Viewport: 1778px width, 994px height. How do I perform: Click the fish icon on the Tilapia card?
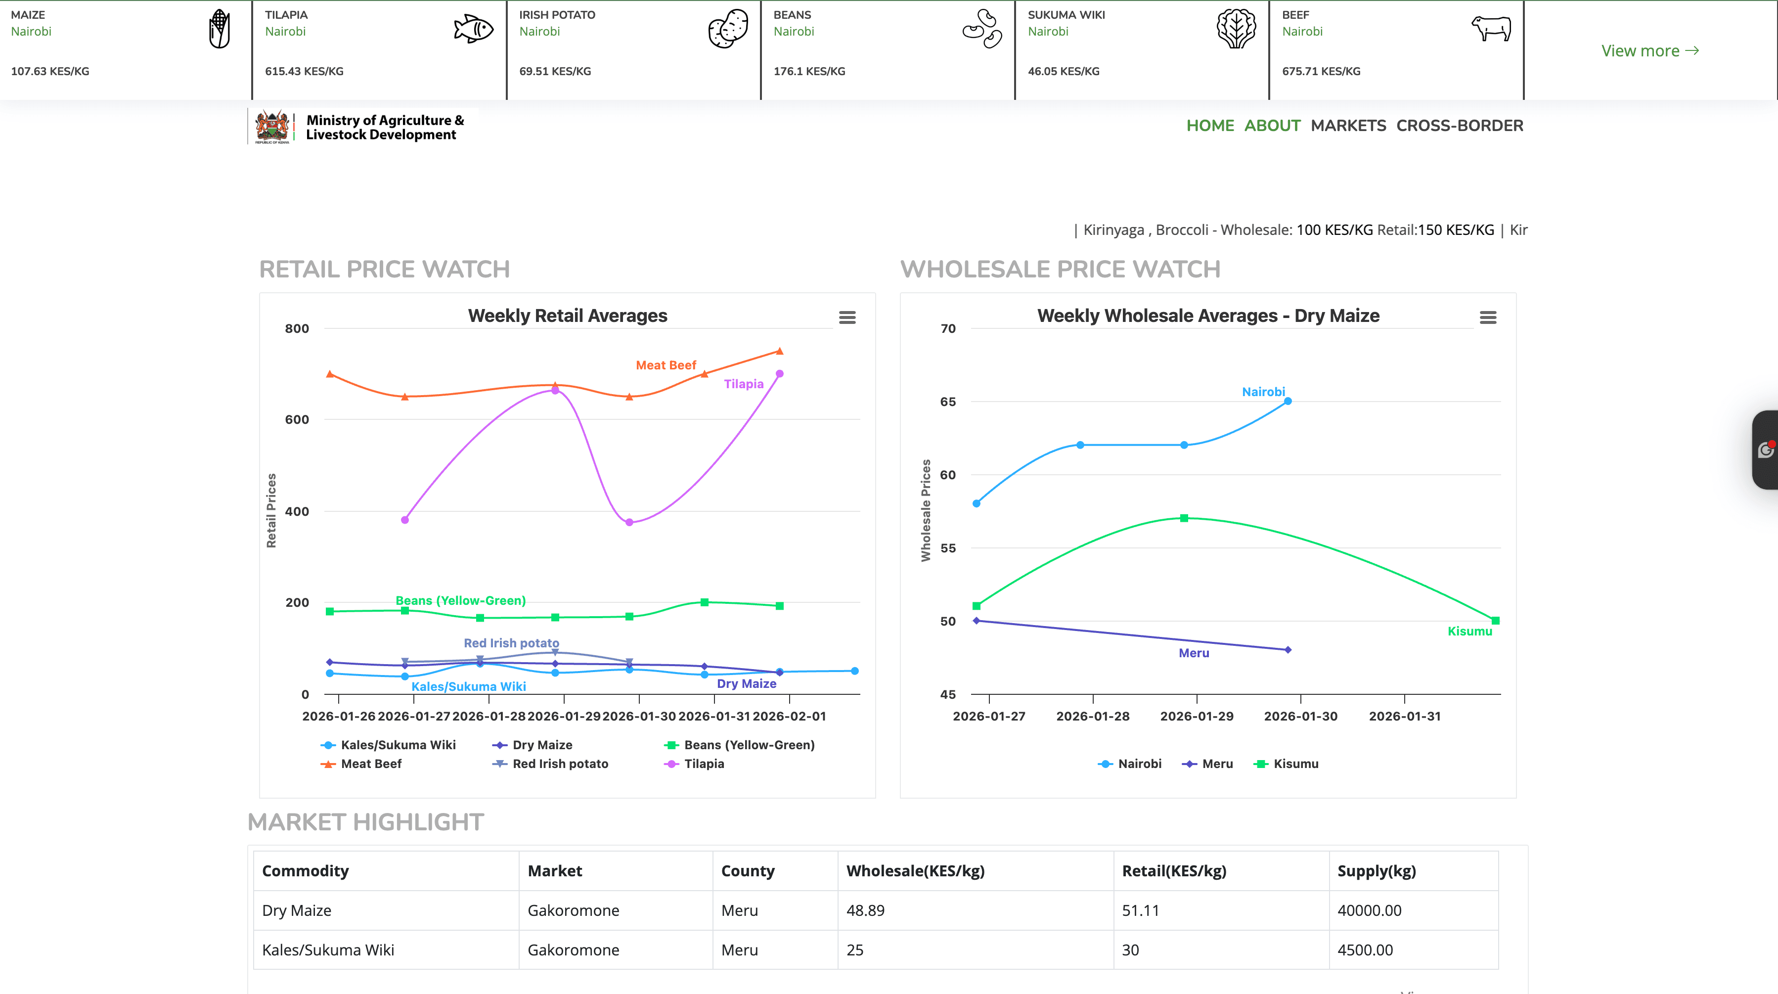pos(474,29)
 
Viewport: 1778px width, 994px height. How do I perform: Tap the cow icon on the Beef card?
pos(1491,29)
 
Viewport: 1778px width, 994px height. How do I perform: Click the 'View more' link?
pos(1649,51)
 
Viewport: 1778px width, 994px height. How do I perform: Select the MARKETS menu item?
pos(1348,126)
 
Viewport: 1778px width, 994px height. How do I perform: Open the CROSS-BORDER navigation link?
pos(1459,126)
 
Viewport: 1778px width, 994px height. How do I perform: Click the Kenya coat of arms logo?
pos(272,127)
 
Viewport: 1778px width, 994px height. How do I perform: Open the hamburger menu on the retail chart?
pos(847,317)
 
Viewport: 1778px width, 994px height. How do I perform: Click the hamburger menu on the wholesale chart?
pos(1487,317)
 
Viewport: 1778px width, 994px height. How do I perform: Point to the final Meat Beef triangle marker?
pos(779,351)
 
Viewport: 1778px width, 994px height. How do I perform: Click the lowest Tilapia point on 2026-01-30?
pos(629,523)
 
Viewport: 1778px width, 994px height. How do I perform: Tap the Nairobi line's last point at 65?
pos(1287,401)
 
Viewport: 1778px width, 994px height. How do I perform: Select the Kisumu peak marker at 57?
pos(1184,518)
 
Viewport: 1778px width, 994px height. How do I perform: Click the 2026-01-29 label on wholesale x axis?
pos(1196,716)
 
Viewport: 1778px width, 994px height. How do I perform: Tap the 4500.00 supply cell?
pos(1365,950)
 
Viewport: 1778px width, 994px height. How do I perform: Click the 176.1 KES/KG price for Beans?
pos(809,71)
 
